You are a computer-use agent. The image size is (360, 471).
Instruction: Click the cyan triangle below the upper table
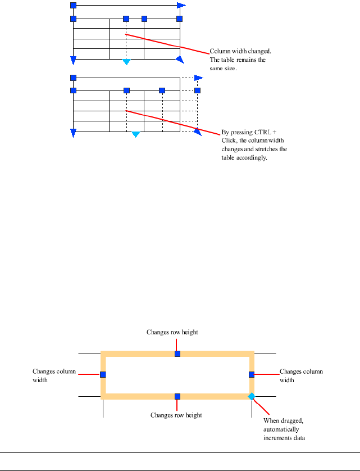click(126, 61)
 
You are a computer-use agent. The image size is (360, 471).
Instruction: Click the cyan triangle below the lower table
click(135, 134)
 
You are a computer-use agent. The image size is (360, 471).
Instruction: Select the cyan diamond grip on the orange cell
click(252, 396)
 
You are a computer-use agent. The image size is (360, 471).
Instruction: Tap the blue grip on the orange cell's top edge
click(177, 354)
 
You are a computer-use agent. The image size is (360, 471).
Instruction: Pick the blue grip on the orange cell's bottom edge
click(177, 396)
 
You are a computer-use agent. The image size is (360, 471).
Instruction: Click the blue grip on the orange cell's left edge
click(103, 374)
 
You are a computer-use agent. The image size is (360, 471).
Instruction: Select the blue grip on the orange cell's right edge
click(252, 374)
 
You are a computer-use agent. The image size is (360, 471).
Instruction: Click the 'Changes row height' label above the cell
click(172, 332)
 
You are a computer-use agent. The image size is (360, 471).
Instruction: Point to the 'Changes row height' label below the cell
click(176, 415)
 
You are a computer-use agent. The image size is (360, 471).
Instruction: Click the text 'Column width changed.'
click(240, 51)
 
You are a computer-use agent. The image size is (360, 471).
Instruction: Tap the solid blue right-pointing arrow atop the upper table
click(180, 6)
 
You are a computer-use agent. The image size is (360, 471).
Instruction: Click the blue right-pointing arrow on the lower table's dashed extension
click(198, 78)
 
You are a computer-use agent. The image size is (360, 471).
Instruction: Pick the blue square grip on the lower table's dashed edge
click(197, 90)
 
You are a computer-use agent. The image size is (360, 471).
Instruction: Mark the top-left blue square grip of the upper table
click(73, 6)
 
